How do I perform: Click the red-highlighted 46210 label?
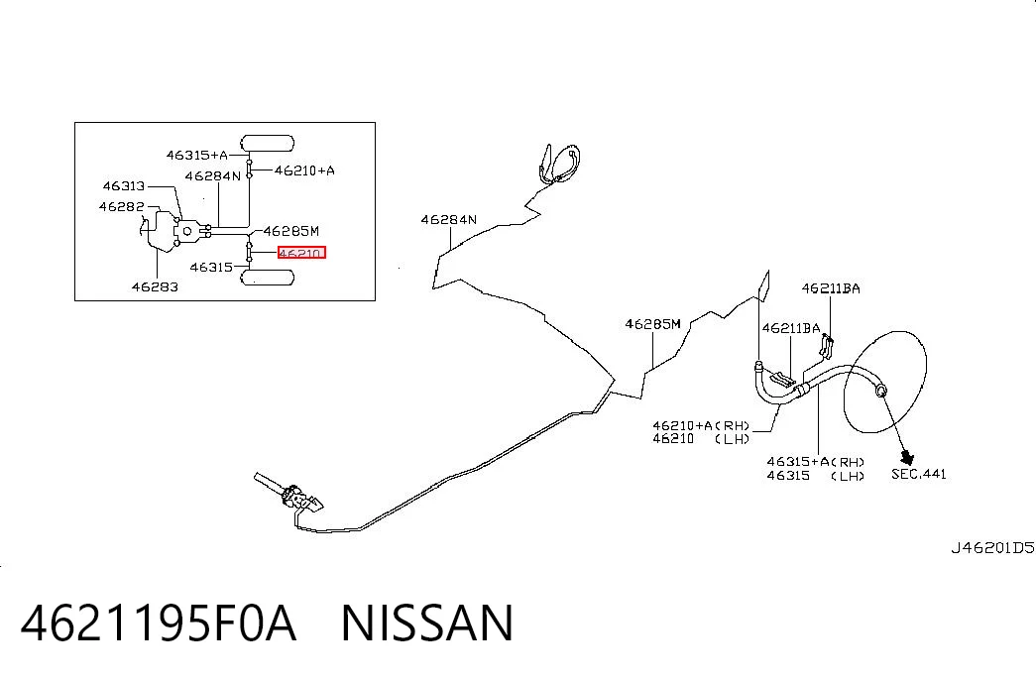(x=301, y=253)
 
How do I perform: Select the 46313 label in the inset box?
(x=124, y=186)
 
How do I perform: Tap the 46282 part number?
(x=122, y=206)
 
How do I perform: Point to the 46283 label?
(x=155, y=286)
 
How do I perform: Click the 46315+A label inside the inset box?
(x=197, y=156)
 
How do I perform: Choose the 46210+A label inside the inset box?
(x=304, y=170)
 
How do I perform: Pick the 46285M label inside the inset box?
(x=291, y=231)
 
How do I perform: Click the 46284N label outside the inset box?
(x=449, y=219)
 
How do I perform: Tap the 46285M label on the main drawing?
(x=652, y=324)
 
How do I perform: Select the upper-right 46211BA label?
(x=831, y=288)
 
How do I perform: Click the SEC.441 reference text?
(x=919, y=474)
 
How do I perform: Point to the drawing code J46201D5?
(x=992, y=548)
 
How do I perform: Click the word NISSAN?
(x=427, y=623)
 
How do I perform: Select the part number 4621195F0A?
(x=159, y=623)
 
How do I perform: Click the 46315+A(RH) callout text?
(x=816, y=462)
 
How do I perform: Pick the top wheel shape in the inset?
(x=267, y=144)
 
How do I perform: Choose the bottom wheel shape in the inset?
(x=267, y=277)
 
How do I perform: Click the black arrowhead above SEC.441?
(x=907, y=456)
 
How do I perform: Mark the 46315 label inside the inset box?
(x=211, y=268)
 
